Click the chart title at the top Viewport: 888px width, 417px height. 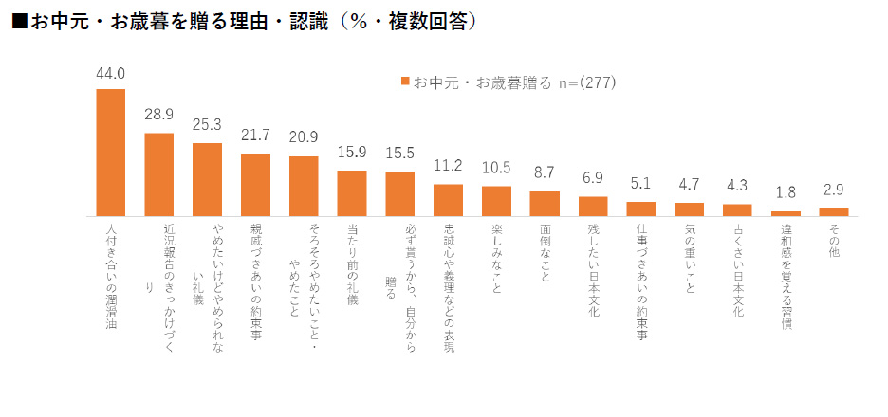(x=243, y=20)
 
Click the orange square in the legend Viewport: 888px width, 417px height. (x=405, y=82)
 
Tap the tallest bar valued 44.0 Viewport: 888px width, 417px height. (x=111, y=153)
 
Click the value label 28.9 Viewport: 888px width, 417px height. (x=158, y=116)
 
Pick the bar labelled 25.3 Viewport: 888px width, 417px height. (x=207, y=179)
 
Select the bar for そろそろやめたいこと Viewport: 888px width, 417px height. (x=304, y=186)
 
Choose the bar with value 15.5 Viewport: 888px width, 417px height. (x=400, y=193)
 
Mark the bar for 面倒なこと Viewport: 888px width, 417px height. (x=545, y=204)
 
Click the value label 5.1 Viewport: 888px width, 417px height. (x=641, y=185)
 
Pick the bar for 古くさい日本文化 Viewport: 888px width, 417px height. (x=738, y=209)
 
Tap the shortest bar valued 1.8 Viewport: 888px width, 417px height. (x=786, y=213)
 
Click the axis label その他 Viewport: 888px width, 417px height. (x=834, y=237)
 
